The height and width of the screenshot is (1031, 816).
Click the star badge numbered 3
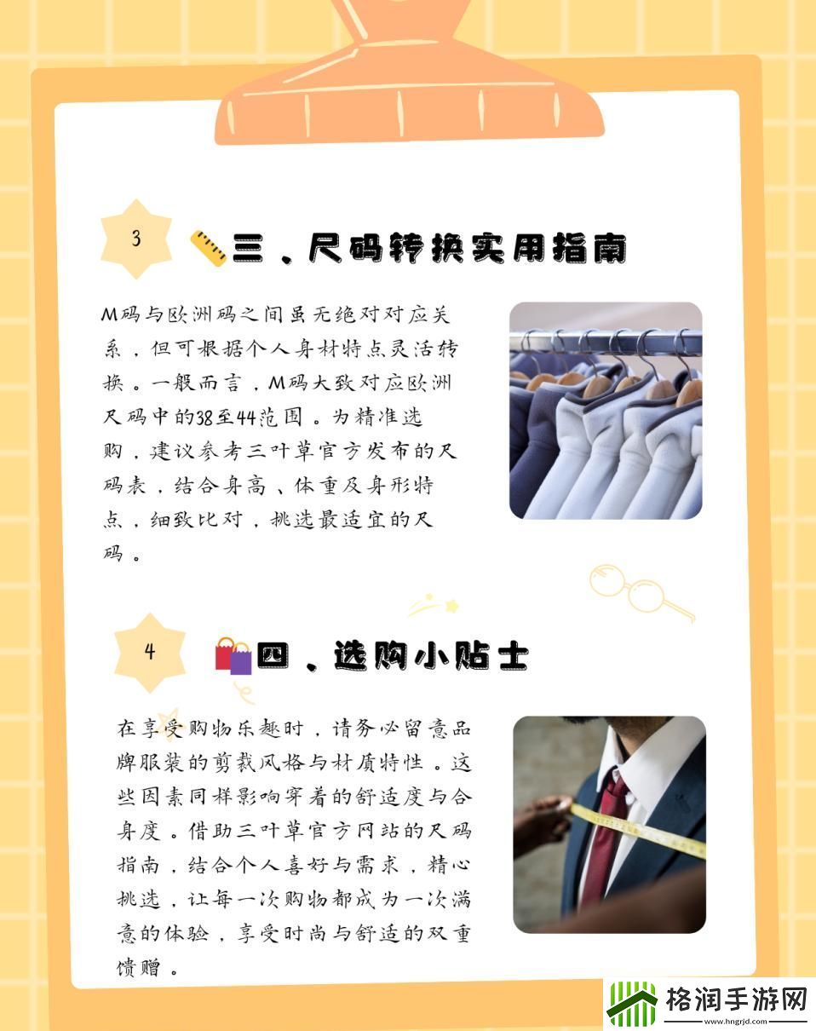136,239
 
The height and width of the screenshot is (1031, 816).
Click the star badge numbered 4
150,653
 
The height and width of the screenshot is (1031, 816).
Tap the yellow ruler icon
208,248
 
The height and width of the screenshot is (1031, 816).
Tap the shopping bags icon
233,656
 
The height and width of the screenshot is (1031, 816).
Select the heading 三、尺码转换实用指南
430,248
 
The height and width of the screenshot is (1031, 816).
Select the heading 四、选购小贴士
393,656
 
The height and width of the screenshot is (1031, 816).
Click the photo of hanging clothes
606,411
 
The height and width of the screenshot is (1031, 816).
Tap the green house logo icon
631,1004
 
